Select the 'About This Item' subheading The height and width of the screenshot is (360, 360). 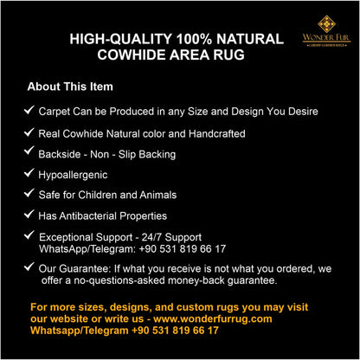coord(70,87)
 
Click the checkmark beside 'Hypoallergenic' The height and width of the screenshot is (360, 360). coord(29,173)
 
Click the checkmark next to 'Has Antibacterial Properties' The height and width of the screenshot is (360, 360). coord(29,215)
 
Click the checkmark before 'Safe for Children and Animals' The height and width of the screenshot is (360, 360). coord(29,194)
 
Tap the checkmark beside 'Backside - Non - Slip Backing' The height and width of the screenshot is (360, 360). coord(29,152)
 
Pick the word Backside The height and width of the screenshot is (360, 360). coord(61,154)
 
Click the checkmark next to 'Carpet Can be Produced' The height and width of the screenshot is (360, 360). coord(29,111)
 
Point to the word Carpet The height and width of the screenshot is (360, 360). coord(58,112)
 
